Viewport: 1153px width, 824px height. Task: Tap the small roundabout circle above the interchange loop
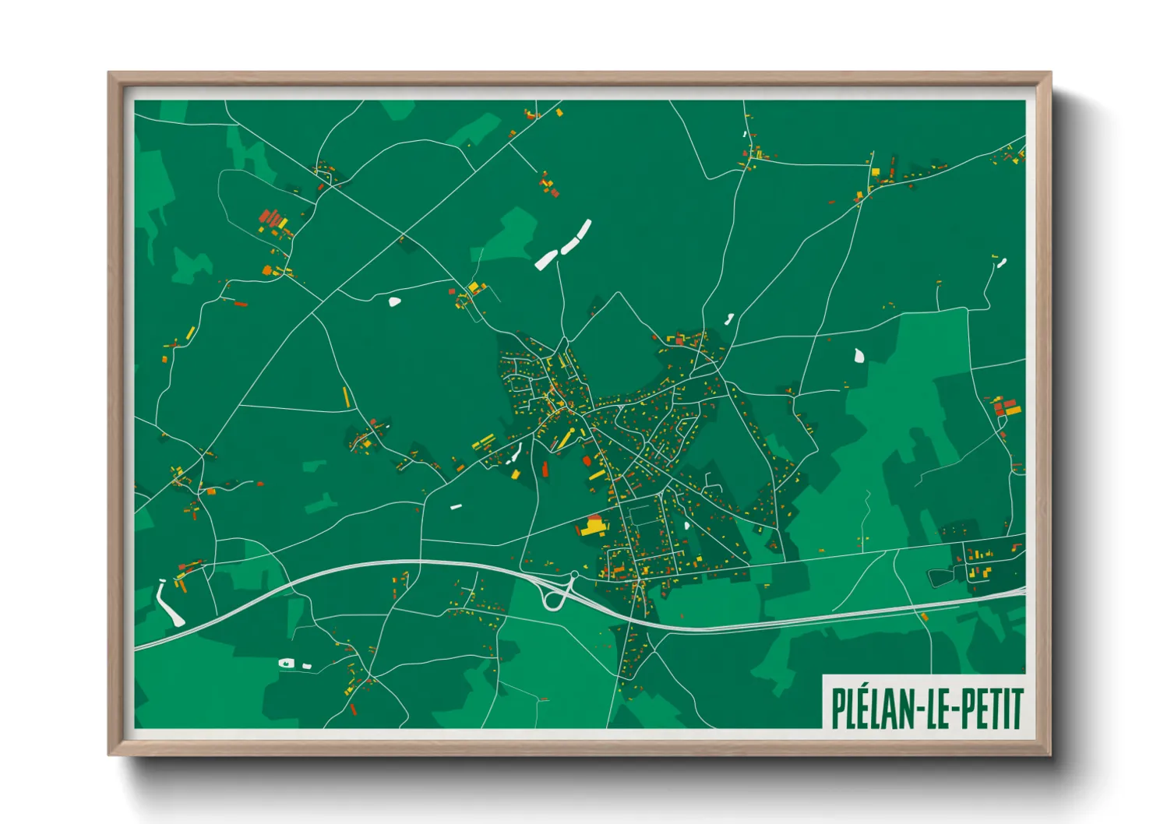tap(574, 575)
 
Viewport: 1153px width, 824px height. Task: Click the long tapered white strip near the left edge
tap(168, 604)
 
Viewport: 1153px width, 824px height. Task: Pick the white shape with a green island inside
tap(287, 664)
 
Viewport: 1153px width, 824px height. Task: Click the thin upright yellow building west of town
tap(345, 397)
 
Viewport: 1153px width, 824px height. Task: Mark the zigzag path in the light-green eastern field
tap(866, 506)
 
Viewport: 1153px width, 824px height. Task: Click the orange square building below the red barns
tap(267, 270)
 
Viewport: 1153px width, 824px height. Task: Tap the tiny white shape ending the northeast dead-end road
tap(1002, 262)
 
